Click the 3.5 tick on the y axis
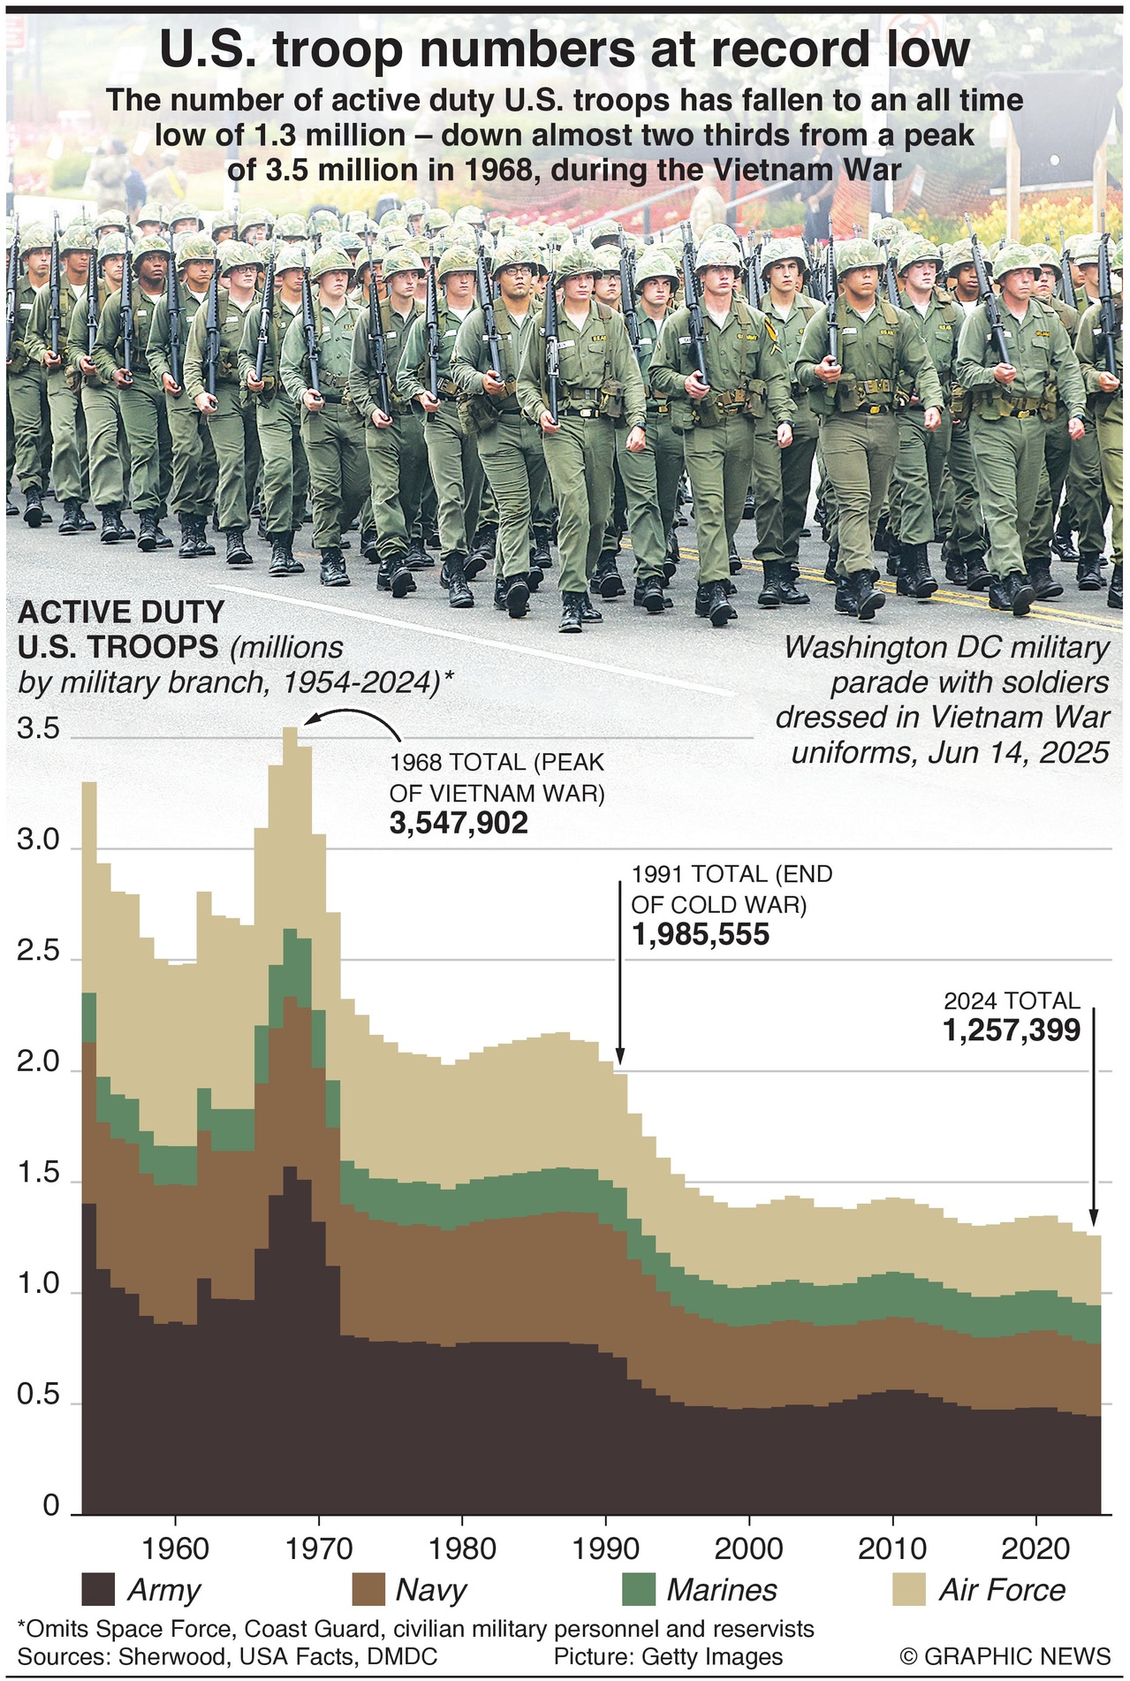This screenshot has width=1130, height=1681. (x=39, y=730)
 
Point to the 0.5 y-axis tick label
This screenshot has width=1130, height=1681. (x=39, y=1396)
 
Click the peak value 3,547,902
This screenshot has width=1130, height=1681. (x=459, y=823)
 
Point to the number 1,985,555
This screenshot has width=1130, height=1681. (x=701, y=934)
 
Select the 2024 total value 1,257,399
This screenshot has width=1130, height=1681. (x=1012, y=1030)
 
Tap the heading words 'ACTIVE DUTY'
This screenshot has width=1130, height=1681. (x=121, y=612)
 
